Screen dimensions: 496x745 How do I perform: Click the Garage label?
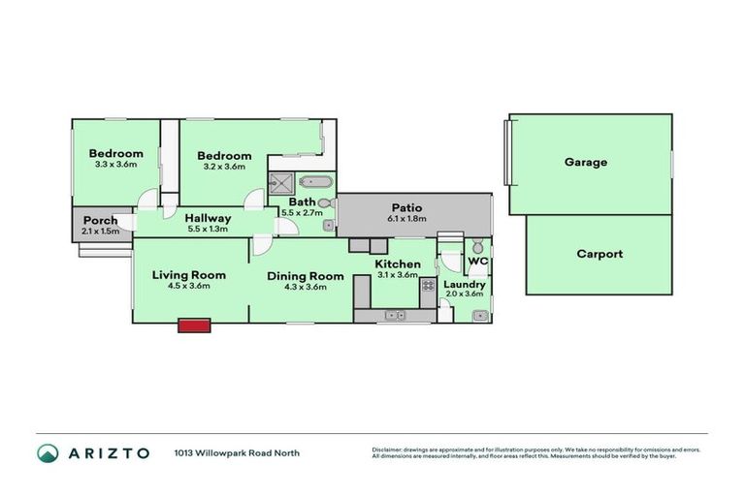586,163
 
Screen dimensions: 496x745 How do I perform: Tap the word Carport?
599,255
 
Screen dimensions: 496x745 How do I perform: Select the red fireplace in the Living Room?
194,326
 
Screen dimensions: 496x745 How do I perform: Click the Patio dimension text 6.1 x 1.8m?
405,219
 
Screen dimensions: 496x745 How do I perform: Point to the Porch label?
100,221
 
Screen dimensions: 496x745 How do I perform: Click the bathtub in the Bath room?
315,181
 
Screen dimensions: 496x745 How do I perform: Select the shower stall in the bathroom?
283,181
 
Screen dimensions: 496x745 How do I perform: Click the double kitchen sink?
395,315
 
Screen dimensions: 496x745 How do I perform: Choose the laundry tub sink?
477,315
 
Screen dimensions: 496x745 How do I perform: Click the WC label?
477,263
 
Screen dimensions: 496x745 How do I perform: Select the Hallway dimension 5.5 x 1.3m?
208,230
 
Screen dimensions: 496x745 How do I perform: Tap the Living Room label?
188,275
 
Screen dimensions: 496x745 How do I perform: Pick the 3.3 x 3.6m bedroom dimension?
115,165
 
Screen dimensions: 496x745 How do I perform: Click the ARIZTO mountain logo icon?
48,452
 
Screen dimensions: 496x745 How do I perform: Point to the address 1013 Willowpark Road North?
237,452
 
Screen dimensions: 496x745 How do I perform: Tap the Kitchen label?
398,264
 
